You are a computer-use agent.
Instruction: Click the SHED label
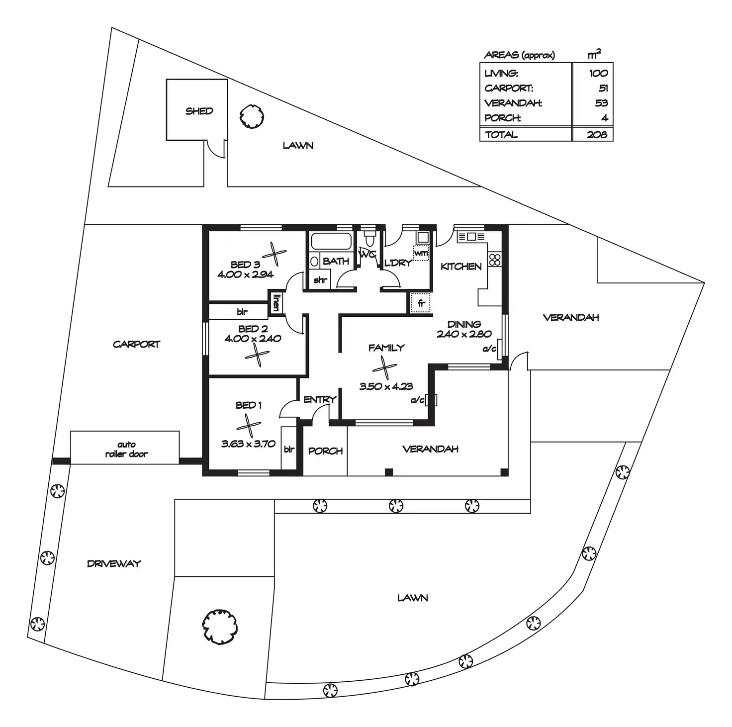(x=199, y=111)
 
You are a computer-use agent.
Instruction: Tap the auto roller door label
(x=126, y=449)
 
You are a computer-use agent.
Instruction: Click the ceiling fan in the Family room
(x=384, y=367)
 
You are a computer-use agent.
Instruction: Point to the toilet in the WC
(x=369, y=240)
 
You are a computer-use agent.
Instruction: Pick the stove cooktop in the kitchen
(x=495, y=259)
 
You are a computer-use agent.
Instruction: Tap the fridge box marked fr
(x=421, y=303)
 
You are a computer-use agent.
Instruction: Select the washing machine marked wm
(x=421, y=254)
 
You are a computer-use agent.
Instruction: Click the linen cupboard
(x=275, y=303)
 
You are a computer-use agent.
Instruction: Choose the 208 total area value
(x=597, y=134)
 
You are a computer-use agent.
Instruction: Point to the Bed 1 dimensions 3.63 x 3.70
(x=248, y=444)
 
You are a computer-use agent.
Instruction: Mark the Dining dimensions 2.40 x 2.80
(x=464, y=334)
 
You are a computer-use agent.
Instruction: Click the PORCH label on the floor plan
(x=325, y=451)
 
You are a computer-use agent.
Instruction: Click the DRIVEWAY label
(x=114, y=563)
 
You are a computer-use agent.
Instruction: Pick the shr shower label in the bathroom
(x=320, y=280)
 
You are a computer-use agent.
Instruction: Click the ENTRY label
(x=320, y=399)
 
